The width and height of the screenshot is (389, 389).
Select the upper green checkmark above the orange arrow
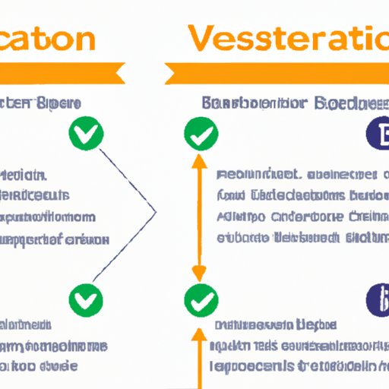tap(199, 134)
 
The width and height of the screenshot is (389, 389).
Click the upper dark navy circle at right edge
tap(378, 134)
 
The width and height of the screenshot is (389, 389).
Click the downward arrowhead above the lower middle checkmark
tap(199, 274)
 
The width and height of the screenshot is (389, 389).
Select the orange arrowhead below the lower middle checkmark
tap(199, 332)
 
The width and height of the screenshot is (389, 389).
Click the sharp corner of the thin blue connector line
tap(155, 210)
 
